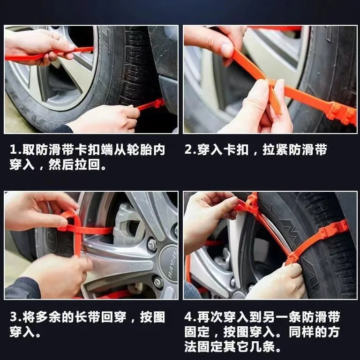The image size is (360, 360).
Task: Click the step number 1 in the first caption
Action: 14,150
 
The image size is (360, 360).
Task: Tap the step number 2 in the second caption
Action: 189,150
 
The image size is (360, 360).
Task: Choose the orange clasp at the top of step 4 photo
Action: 252,202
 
